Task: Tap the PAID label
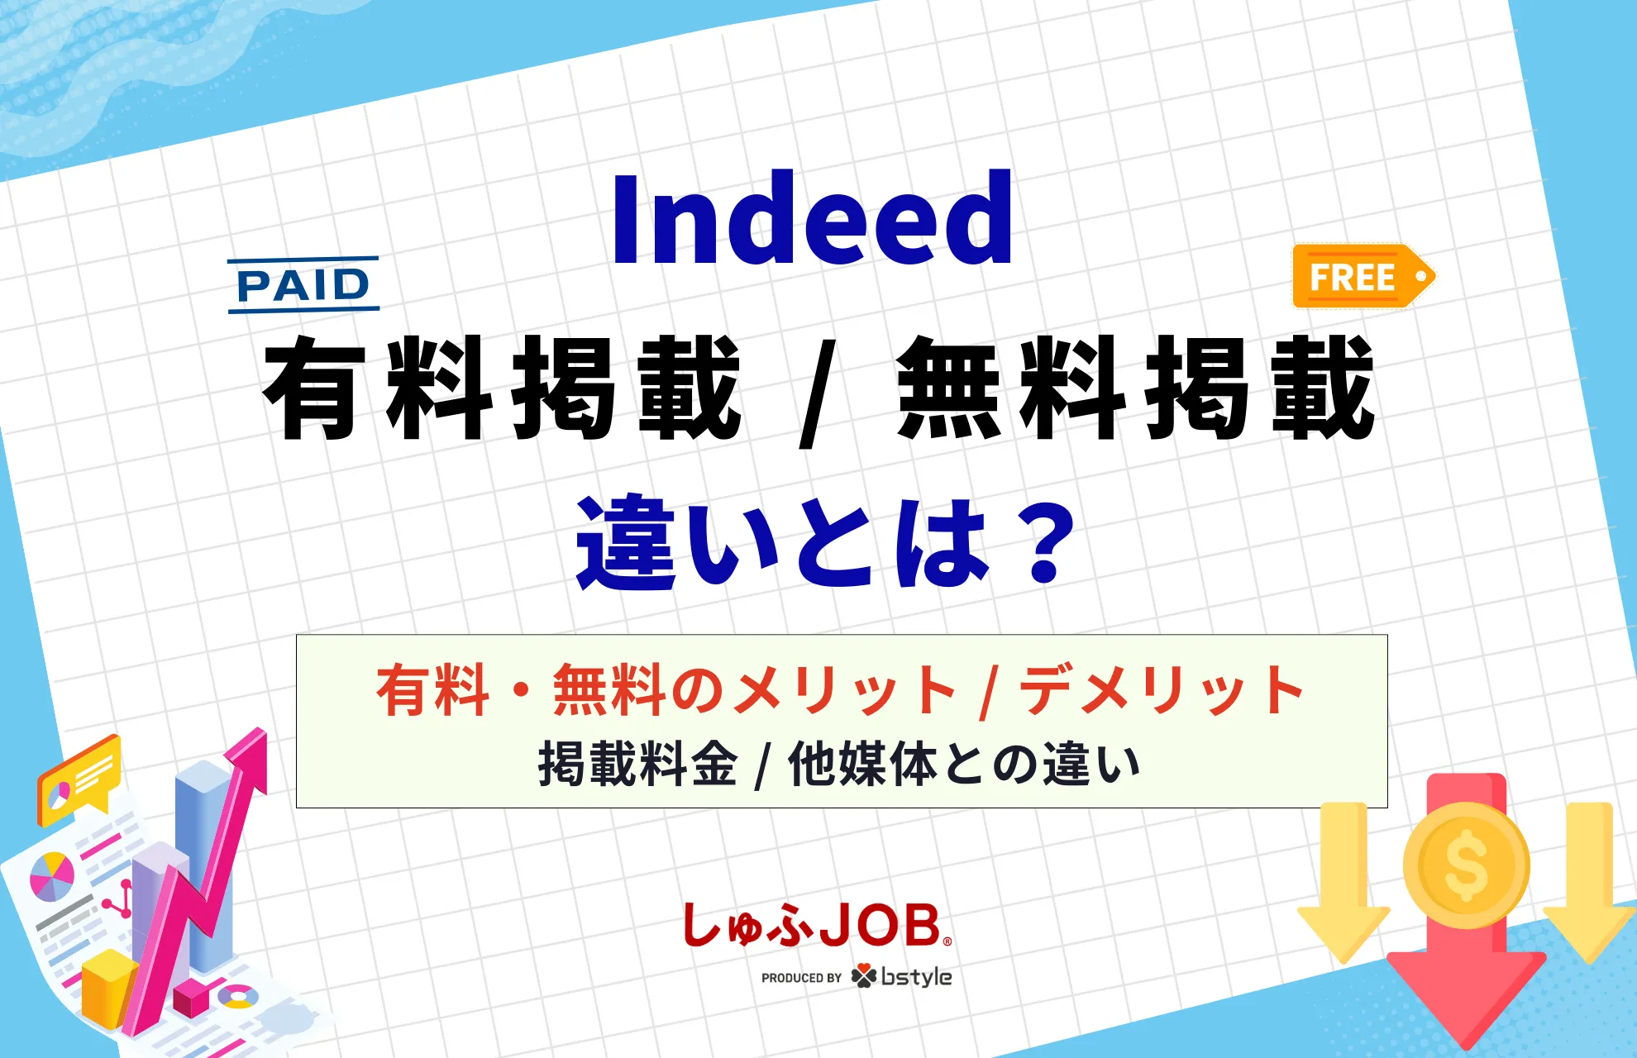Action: tap(303, 285)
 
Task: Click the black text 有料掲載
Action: tap(501, 388)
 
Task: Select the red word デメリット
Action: tap(1162, 690)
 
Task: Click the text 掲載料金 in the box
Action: tap(637, 765)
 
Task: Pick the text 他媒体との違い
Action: tap(964, 765)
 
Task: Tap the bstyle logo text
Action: tap(916, 977)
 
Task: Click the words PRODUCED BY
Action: tap(800, 978)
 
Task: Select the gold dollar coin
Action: tap(1466, 865)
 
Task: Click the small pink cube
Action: tap(190, 997)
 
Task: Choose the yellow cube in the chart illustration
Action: tap(107, 988)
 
